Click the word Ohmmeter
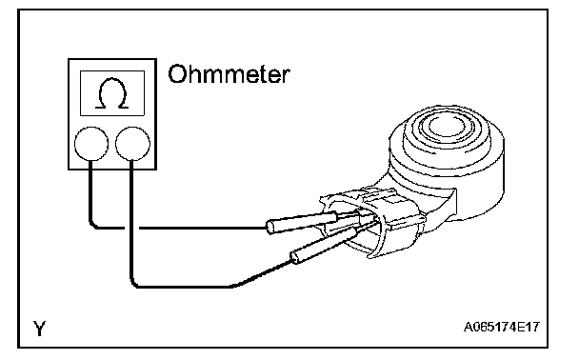229,74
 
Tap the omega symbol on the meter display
111,93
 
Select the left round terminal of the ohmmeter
91,144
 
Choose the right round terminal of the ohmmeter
133,144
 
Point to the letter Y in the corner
39,328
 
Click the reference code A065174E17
502,327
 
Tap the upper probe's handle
302,222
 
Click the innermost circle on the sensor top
448,130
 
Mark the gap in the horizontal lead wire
131,228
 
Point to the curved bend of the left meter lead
92,225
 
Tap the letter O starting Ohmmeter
176,74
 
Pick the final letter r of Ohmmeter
285,77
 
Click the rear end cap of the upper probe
270,227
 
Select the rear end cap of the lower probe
294,257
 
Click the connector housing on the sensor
373,224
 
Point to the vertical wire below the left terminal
90,191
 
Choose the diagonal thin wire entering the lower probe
263,274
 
